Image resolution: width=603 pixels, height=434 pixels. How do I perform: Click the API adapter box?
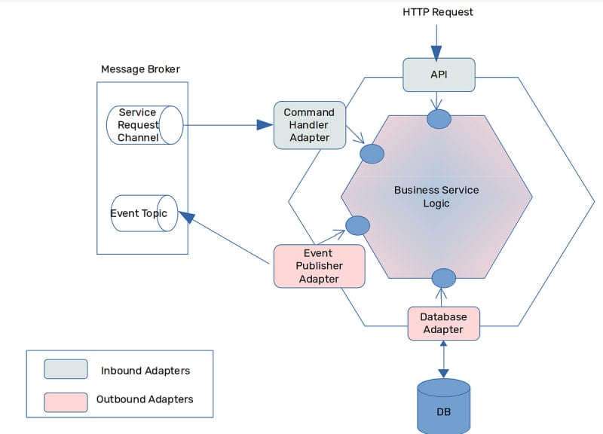[439, 75]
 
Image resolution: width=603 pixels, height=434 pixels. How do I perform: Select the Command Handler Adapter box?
[309, 124]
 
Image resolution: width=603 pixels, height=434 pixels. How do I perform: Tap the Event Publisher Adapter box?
[319, 266]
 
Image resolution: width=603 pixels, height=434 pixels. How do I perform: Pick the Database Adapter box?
[443, 323]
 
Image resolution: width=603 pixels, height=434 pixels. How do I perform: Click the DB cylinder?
[443, 407]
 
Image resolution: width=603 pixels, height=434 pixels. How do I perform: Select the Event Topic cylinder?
[143, 214]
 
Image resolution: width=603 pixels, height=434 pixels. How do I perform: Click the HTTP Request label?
[438, 12]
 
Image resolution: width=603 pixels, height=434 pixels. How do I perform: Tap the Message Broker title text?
[140, 69]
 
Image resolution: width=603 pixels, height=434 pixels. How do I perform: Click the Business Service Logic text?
[436, 197]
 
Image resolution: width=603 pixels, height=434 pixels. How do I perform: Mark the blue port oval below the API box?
[439, 119]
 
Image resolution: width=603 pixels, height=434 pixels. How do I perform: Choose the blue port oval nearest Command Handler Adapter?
[372, 154]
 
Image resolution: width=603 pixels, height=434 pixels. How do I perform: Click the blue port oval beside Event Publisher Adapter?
[357, 225]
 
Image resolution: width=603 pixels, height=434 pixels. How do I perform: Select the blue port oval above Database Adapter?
[443, 278]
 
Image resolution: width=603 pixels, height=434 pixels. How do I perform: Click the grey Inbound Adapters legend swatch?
[66, 370]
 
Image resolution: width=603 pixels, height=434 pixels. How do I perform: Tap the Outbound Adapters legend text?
[145, 399]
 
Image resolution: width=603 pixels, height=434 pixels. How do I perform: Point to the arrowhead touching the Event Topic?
[185, 218]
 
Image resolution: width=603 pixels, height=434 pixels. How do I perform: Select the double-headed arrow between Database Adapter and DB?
[443, 359]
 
